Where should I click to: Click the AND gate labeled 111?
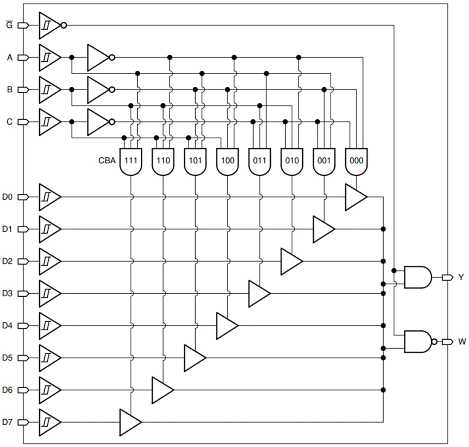[x=131, y=162]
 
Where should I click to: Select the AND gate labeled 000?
[x=356, y=162]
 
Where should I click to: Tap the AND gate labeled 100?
[x=227, y=162]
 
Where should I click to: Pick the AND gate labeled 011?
[x=260, y=162]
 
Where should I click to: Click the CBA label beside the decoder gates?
[x=106, y=161]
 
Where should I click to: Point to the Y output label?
[x=460, y=277]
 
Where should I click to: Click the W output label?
[x=462, y=342]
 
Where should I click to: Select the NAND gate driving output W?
[x=418, y=341]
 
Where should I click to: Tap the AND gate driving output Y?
[x=417, y=277]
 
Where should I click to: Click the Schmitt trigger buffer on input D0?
[x=49, y=197]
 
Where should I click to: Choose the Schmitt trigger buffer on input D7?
[x=49, y=422]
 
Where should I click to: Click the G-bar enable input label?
[x=9, y=25]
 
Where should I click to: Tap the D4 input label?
[x=8, y=326]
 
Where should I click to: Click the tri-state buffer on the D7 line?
[x=129, y=422]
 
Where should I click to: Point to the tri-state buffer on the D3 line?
[x=258, y=293]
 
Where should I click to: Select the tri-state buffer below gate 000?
[x=355, y=197]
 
